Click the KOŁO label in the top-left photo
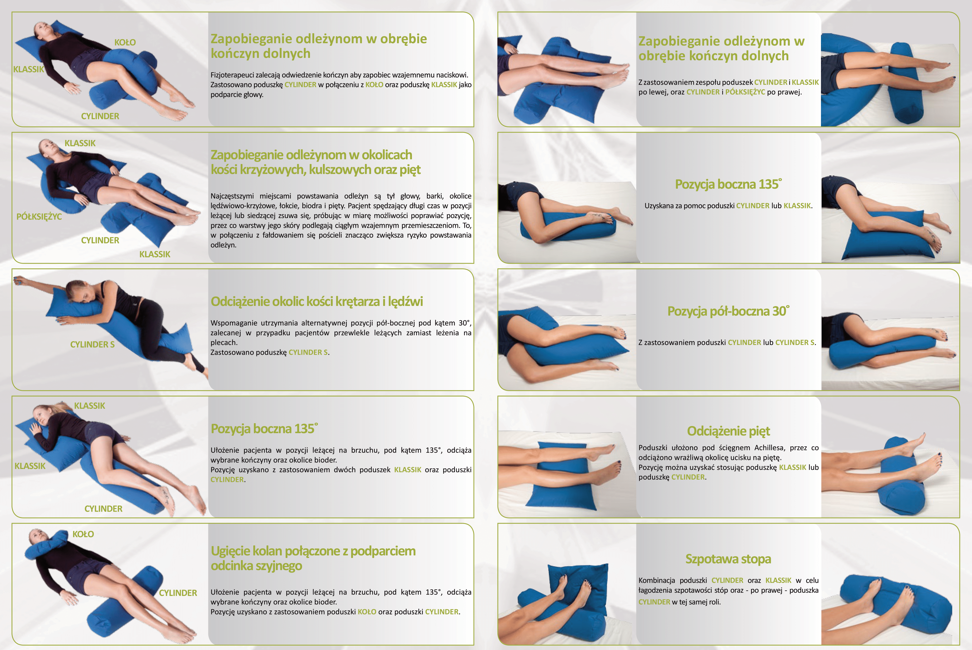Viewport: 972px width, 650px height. (x=125, y=42)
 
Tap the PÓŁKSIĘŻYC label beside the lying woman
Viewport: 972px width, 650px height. (x=39, y=216)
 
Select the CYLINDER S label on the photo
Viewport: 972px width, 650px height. (x=92, y=344)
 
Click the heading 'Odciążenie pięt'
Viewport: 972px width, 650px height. (x=728, y=431)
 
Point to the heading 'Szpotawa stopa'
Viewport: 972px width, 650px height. (x=728, y=559)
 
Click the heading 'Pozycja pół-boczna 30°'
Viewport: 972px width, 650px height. (x=728, y=311)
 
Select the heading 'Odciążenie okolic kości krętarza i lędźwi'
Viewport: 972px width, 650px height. (x=317, y=301)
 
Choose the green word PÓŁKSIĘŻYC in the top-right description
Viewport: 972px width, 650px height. (x=745, y=92)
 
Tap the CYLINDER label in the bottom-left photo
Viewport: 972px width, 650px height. (x=178, y=593)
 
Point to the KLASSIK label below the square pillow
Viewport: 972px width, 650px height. (x=155, y=254)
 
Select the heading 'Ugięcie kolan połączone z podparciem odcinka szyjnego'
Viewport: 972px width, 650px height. (x=313, y=558)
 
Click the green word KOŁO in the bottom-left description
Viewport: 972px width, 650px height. (x=367, y=612)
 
